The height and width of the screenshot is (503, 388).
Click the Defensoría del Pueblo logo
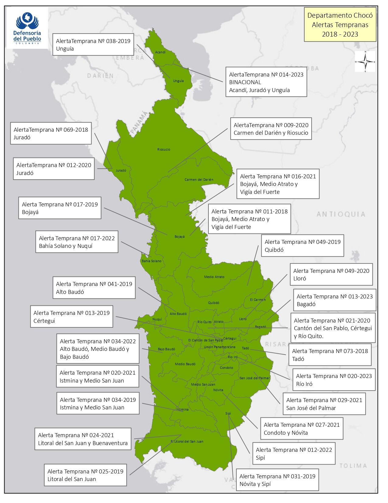27,28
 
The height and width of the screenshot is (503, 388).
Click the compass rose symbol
365,62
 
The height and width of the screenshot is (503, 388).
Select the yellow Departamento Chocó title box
340,25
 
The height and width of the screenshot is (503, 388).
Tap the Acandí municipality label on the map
160,52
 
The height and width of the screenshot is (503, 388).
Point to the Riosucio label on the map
164,149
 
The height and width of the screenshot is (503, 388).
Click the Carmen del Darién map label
199,180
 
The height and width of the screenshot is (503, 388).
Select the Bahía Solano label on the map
152,261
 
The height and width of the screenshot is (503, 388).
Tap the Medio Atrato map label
214,277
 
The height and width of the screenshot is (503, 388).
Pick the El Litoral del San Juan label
187,441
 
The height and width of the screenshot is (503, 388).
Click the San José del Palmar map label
255,378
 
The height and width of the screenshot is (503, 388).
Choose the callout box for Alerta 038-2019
93,45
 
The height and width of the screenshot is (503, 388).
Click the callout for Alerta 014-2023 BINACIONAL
266,82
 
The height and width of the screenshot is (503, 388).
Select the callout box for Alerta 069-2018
51,134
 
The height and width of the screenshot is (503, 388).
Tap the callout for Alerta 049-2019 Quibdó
302,246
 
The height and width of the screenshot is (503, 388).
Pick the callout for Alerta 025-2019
85,475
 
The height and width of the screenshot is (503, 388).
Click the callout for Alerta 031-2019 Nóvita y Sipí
277,480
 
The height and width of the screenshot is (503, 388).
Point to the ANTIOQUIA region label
341,214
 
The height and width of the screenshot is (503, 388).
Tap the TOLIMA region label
353,466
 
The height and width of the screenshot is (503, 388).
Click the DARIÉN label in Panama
100,76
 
